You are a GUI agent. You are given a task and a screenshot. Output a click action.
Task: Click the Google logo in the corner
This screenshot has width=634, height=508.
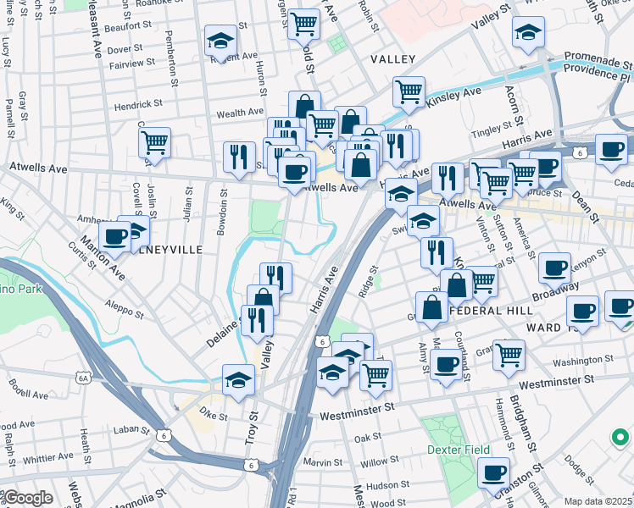(27, 499)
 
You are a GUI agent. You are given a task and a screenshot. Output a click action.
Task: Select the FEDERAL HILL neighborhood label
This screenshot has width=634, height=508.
(489, 311)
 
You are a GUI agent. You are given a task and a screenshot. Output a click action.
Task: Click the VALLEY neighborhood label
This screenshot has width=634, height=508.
(393, 59)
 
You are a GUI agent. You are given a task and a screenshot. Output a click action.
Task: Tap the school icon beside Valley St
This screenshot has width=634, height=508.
(528, 33)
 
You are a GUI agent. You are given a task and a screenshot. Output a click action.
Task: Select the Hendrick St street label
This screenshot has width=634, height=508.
(140, 104)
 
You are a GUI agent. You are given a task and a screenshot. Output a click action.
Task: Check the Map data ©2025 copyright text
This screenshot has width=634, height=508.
(597, 501)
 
